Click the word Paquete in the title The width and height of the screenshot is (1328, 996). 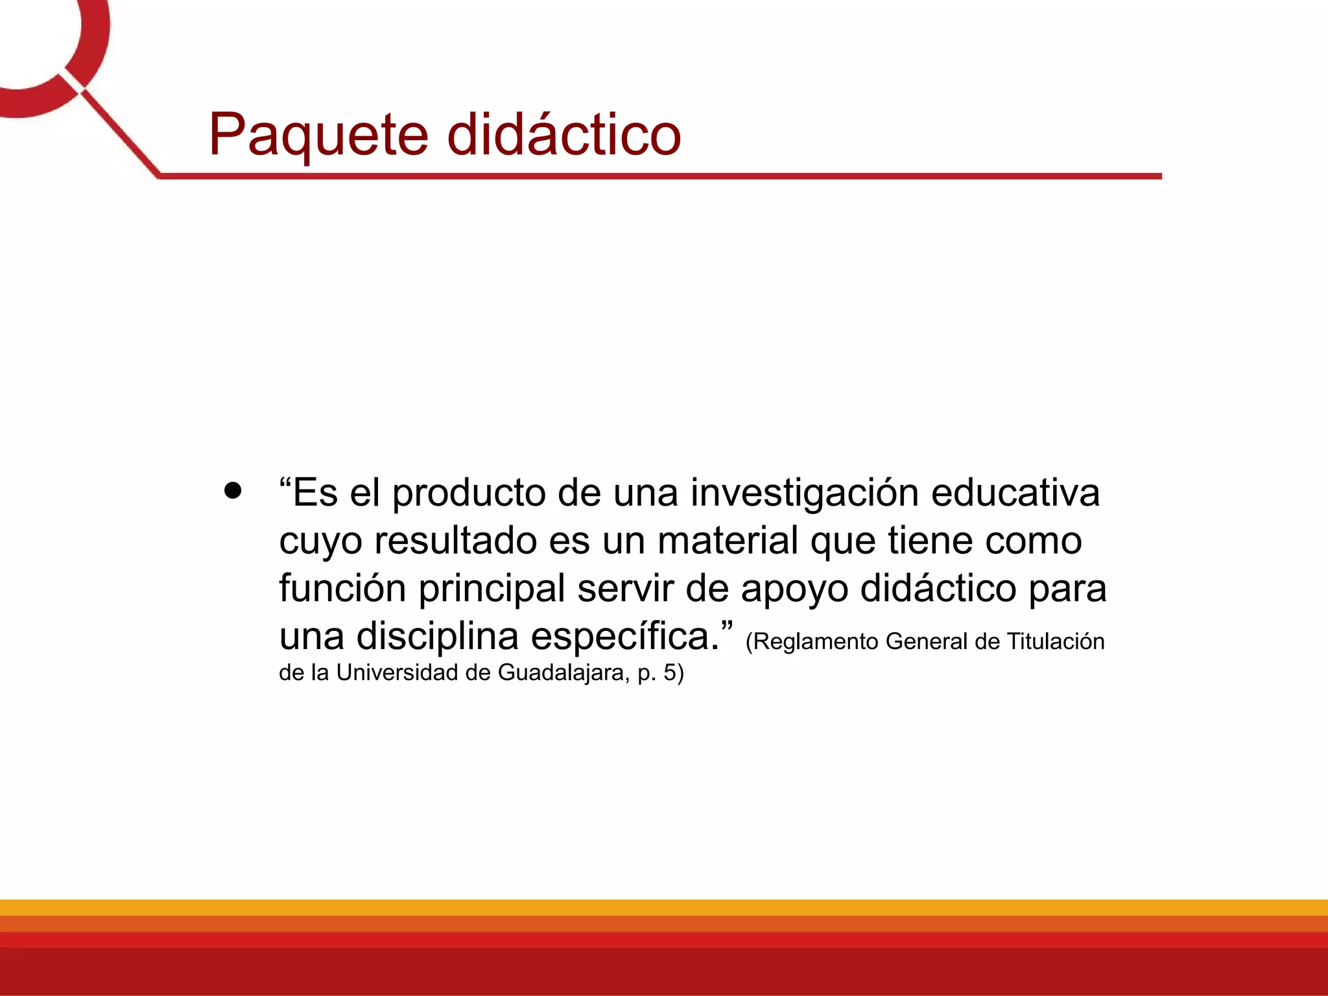[318, 135]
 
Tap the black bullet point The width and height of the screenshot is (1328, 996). [232, 490]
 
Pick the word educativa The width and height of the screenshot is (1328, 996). [1015, 493]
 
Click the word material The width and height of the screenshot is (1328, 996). [728, 541]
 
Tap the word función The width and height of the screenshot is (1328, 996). [342, 588]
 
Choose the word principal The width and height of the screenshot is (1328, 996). [492, 589]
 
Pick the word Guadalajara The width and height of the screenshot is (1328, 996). [562, 673]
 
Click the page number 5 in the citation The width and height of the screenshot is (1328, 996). [669, 672]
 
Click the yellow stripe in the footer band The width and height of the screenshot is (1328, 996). [664, 907]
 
